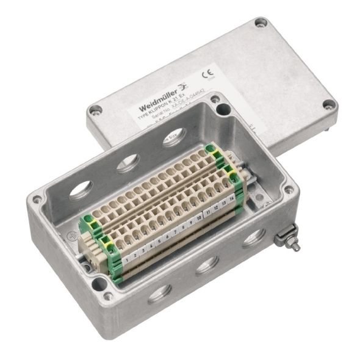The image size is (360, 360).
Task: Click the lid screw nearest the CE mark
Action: pos(261,23)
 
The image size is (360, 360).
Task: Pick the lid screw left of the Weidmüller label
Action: pos(95,110)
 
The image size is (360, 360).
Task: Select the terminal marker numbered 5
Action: pos(159,242)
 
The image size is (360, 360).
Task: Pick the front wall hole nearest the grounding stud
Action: pos(253,237)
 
